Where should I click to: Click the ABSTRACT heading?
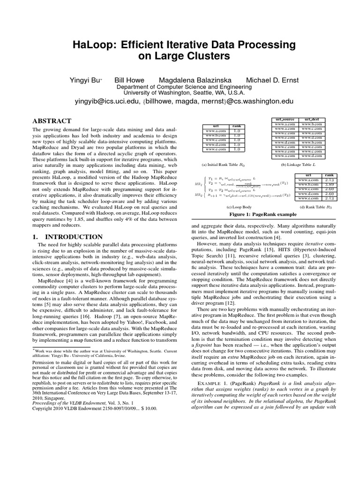52,121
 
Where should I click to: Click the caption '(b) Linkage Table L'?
298,165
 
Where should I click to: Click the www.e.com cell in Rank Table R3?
309,198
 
